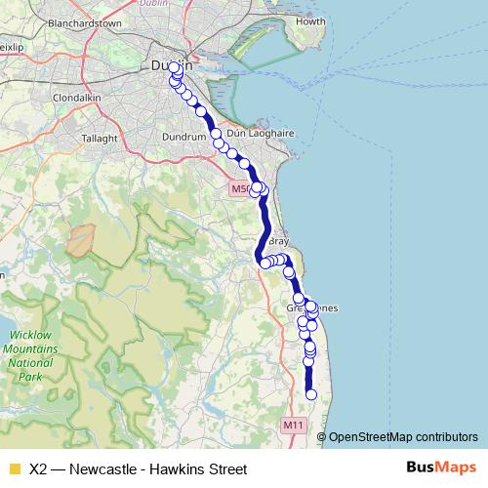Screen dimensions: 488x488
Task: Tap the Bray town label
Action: click(x=278, y=240)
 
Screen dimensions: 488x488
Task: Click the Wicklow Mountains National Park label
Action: click(x=30, y=355)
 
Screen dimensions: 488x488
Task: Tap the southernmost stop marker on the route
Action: click(x=311, y=394)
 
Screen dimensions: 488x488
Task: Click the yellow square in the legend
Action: click(x=14, y=468)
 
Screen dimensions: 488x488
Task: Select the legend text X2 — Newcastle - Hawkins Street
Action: click(x=138, y=468)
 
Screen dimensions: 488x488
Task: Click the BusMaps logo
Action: click(x=441, y=468)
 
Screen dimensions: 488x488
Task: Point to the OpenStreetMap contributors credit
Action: click(x=403, y=437)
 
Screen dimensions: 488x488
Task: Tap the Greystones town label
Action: click(x=311, y=308)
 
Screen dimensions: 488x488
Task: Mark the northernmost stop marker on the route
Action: click(x=175, y=67)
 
